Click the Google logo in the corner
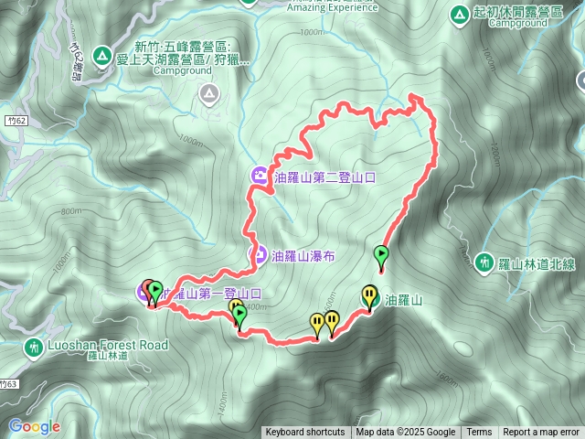[34, 426]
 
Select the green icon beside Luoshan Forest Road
[34, 347]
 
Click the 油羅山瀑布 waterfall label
[303, 257]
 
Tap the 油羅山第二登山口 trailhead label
[325, 177]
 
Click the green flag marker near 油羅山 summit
[381, 254]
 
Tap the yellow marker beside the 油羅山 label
[369, 295]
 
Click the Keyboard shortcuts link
[304, 433]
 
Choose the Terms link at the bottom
[478, 433]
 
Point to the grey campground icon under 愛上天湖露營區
[209, 92]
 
